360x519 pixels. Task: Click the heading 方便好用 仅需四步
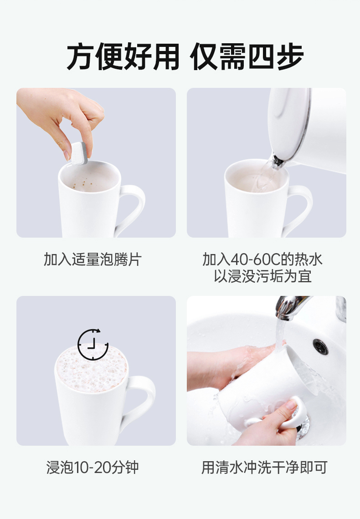tap(185, 56)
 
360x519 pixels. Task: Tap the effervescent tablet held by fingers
tap(79, 153)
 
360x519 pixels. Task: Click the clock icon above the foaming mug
tap(93, 344)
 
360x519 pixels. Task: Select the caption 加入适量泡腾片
tap(93, 259)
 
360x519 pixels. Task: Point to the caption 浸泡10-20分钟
tap(93, 467)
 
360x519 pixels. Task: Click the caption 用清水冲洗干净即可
tap(264, 467)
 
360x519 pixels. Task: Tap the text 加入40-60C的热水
tap(262, 259)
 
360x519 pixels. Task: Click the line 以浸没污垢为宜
tap(262, 276)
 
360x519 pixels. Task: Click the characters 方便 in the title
tap(95, 56)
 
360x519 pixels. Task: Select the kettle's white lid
tap(288, 122)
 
